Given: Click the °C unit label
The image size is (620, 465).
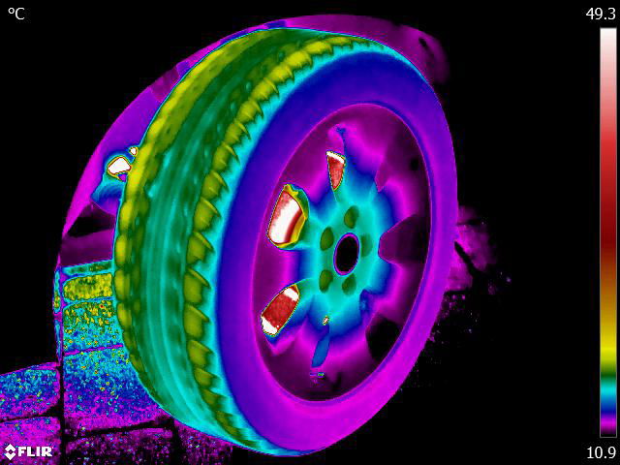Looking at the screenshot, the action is click(x=16, y=14).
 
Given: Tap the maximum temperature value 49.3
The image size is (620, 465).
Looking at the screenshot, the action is click(x=601, y=14).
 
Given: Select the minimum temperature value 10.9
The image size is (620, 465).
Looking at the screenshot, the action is click(x=601, y=452).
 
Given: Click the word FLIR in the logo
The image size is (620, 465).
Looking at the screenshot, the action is click(x=35, y=451).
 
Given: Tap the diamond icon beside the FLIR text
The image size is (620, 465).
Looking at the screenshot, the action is click(x=10, y=451).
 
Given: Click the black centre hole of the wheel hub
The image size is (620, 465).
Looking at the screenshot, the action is click(x=347, y=254).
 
